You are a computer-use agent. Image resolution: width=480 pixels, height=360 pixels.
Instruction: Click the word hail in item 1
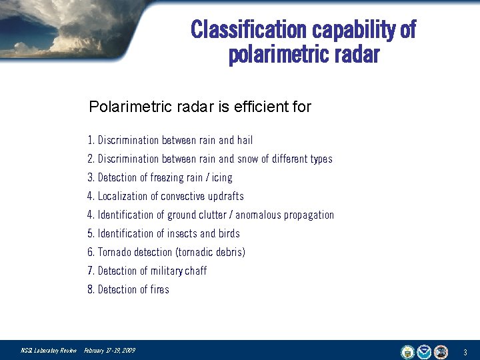(x=245, y=140)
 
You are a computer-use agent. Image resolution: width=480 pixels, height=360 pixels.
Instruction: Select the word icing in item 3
(x=222, y=177)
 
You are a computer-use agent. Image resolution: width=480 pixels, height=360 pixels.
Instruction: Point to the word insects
(x=182, y=233)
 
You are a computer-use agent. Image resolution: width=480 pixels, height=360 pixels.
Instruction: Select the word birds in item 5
(x=229, y=233)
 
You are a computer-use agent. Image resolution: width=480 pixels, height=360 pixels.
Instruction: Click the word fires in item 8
(x=159, y=289)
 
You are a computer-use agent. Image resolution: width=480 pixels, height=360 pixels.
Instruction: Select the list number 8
(x=90, y=289)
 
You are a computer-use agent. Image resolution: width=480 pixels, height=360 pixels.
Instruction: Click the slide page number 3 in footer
(x=465, y=351)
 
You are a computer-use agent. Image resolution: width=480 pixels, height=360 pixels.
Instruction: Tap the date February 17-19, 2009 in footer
(x=109, y=351)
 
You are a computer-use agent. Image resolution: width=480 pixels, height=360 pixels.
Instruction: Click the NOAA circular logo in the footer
(x=425, y=351)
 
